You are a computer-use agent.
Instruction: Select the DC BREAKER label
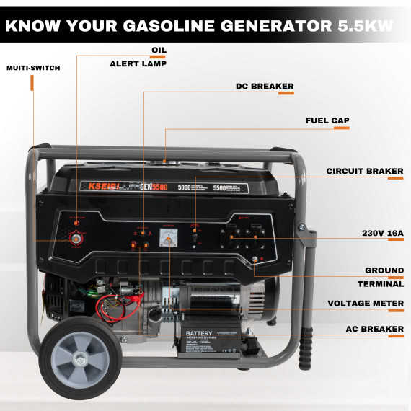point(265,87)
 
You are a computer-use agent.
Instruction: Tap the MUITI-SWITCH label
point(33,68)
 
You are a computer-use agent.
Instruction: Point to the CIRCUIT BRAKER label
point(365,172)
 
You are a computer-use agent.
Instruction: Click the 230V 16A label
point(382,233)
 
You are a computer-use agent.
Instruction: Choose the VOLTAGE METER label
point(366,304)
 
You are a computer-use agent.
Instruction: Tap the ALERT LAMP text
point(138,63)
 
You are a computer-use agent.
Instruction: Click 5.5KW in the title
point(366,27)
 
